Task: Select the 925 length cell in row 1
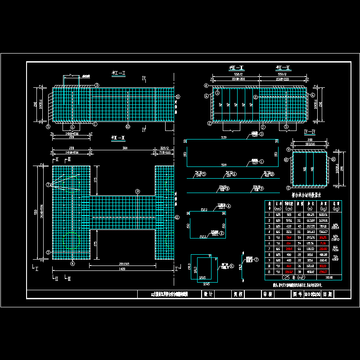(x=290, y=214)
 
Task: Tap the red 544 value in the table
(x=290, y=237)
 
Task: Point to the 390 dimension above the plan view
(x=126, y=148)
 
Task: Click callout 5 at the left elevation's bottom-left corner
(x=48, y=126)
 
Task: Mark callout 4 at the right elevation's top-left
(x=206, y=85)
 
